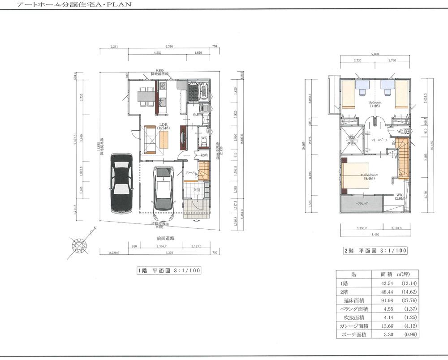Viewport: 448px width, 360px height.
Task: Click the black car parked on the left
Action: pyautogui.click(x=121, y=183)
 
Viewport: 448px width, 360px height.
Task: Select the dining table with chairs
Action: pyautogui.click(x=143, y=95)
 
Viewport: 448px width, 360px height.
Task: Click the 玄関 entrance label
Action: pyautogui.click(x=197, y=190)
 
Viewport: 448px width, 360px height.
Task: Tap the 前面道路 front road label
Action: pyautogui.click(x=158, y=239)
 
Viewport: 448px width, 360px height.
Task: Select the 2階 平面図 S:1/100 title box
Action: pyautogui.click(x=375, y=251)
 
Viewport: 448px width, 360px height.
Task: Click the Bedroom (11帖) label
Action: pyautogui.click(x=375, y=104)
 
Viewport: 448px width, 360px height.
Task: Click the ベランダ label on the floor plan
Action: pyautogui.click(x=362, y=203)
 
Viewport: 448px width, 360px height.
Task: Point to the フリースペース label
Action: pyautogui.click(x=379, y=140)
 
